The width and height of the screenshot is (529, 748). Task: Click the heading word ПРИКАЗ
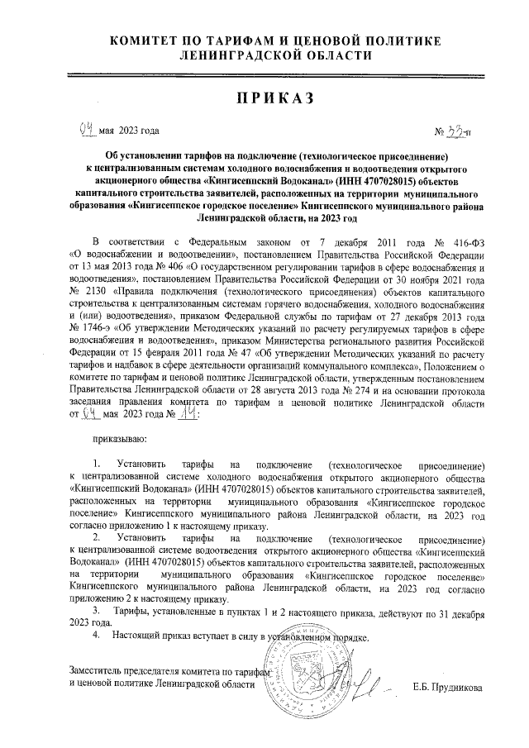276,98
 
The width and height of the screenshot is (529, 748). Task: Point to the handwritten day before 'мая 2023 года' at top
85,130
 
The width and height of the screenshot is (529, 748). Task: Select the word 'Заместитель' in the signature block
98,672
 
